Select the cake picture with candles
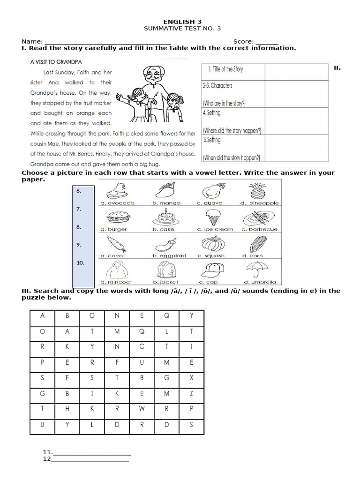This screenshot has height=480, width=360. click(x=164, y=217)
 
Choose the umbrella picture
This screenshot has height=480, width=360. click(x=258, y=270)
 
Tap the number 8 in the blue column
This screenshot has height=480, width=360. click(x=79, y=227)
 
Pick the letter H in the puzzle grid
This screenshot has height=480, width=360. click(x=67, y=408)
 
